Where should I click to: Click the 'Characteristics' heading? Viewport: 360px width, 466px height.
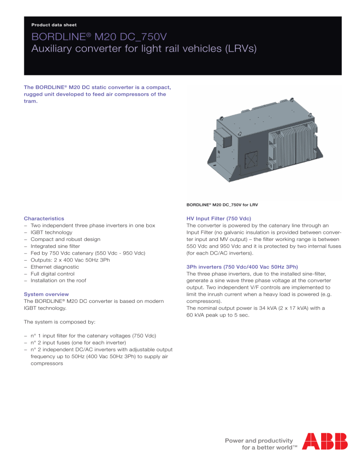[45, 218]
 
